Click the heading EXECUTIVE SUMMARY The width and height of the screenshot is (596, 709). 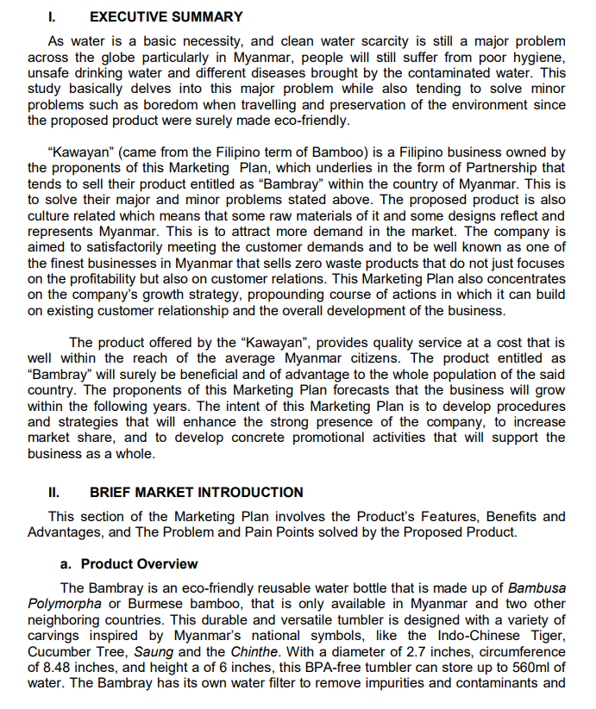click(166, 16)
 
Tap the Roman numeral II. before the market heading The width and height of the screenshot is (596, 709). click(54, 493)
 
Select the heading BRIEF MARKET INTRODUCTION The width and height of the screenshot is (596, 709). click(196, 493)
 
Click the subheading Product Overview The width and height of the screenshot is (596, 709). click(139, 564)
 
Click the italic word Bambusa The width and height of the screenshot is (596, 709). click(536, 588)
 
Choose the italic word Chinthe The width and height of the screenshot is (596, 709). click(254, 652)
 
